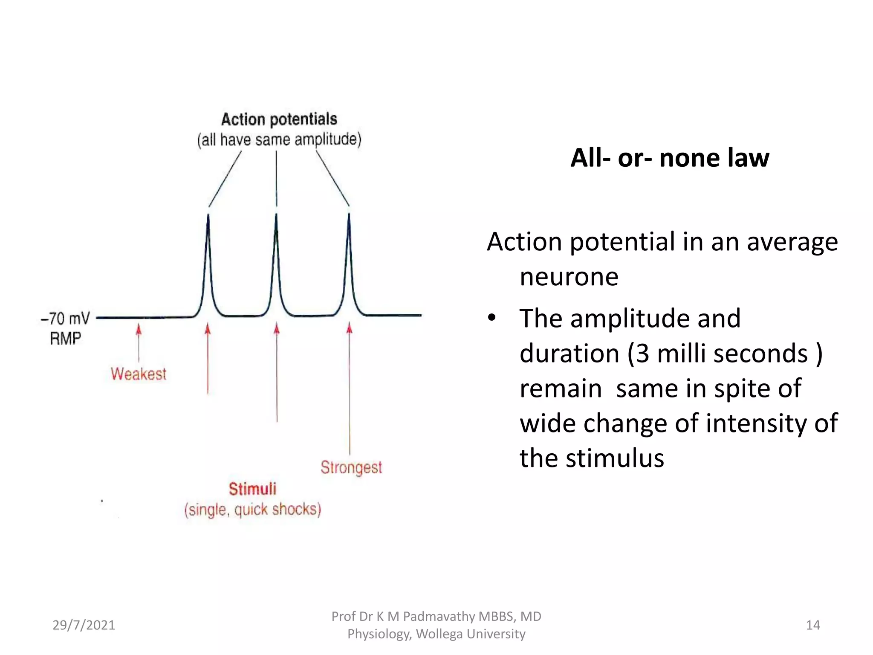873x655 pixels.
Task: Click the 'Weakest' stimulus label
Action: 138,374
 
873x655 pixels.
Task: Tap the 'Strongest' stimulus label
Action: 351,467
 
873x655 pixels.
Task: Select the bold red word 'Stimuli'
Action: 252,489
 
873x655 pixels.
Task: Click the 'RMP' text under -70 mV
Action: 65,339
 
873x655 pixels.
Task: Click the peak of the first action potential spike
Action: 208,216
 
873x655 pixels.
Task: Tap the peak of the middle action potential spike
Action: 276,216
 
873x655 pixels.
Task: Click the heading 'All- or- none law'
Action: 670,158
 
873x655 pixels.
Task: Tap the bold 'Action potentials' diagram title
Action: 279,119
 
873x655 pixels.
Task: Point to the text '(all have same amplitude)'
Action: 279,140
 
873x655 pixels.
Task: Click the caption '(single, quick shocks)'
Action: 252,510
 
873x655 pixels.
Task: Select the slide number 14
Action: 813,625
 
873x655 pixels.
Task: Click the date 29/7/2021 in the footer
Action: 84,625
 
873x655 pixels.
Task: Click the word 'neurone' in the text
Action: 569,277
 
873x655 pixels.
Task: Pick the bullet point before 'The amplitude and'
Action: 492,318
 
